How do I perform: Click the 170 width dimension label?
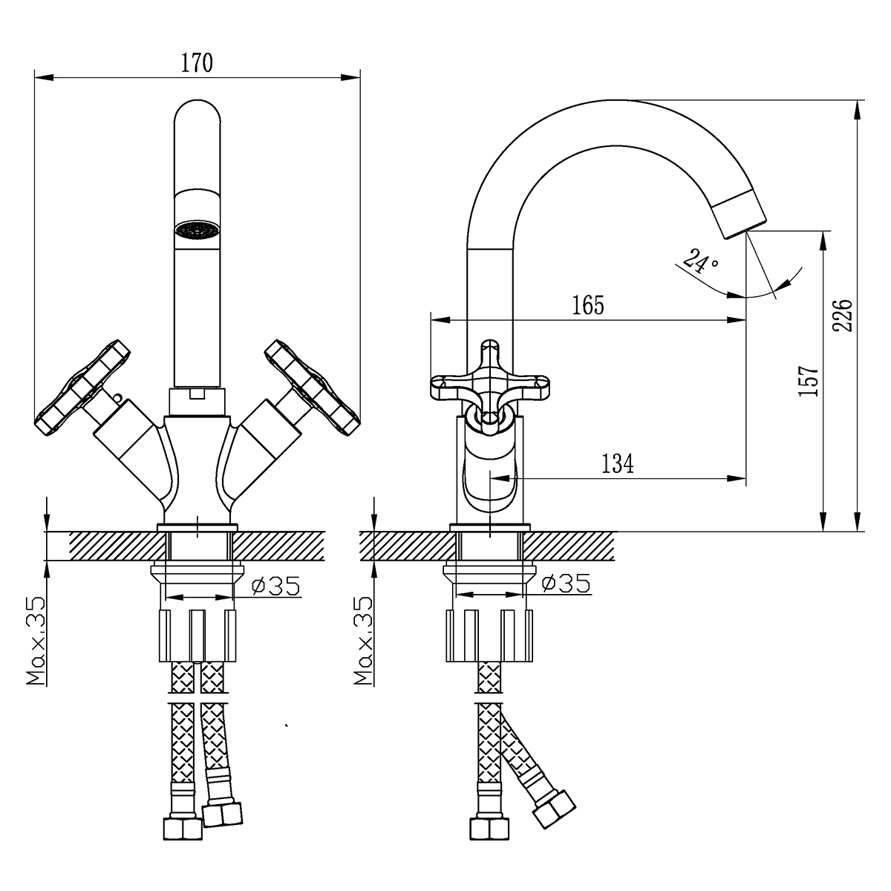click(x=198, y=63)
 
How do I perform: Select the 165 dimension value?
click(x=589, y=305)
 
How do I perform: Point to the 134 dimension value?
click(x=618, y=464)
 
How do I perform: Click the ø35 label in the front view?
click(x=275, y=586)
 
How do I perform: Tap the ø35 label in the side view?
click(x=566, y=584)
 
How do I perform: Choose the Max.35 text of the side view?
click(x=364, y=640)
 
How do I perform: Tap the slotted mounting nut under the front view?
click(x=198, y=635)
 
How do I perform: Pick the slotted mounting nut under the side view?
click(x=489, y=635)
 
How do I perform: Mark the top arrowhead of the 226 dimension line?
click(x=858, y=108)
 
